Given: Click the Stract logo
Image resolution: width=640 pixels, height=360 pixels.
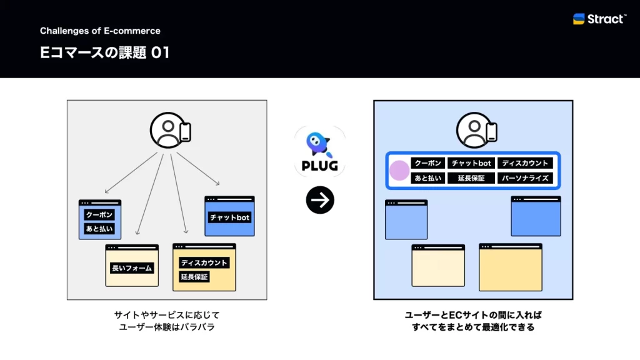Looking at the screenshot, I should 599,19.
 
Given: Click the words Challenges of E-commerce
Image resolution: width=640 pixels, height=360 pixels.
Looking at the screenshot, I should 100,31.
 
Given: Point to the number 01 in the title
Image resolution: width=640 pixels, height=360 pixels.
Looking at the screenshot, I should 161,53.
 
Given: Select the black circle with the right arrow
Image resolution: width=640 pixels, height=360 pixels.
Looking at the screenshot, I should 320,200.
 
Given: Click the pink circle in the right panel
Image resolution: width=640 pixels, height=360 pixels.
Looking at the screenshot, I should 399,171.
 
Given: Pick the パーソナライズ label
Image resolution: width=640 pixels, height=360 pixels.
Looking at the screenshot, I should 526,178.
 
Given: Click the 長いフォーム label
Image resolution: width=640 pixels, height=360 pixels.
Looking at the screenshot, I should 132,268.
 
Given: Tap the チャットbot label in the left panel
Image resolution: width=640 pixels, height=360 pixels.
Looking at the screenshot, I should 229,217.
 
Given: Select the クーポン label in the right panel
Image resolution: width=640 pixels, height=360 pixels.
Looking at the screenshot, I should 427,163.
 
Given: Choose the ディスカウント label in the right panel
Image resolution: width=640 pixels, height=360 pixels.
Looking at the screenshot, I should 526,163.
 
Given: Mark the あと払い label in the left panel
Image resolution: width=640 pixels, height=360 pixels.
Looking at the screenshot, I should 99,229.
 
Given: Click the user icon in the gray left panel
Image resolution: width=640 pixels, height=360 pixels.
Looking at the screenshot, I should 166,130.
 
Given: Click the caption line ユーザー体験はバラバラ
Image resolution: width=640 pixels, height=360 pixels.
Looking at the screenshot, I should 166,327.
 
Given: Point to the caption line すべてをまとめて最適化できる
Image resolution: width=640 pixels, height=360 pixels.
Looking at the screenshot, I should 472,327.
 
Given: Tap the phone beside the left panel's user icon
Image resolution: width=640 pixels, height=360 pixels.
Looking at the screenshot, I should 185,132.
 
